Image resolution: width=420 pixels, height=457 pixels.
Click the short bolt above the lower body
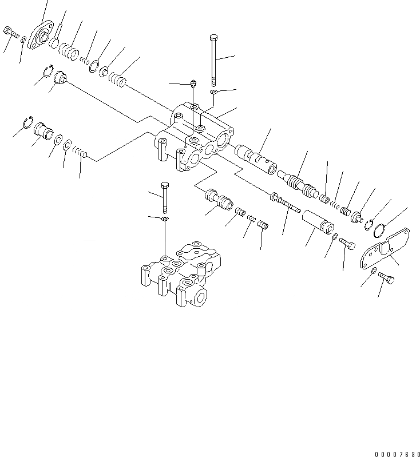pos(165,196)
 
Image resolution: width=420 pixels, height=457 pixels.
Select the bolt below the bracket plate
pos(387,277)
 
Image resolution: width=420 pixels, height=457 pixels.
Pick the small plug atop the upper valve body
pos(193,84)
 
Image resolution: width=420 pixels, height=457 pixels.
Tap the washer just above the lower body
pos(165,219)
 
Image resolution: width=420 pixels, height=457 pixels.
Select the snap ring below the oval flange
pos(50,71)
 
